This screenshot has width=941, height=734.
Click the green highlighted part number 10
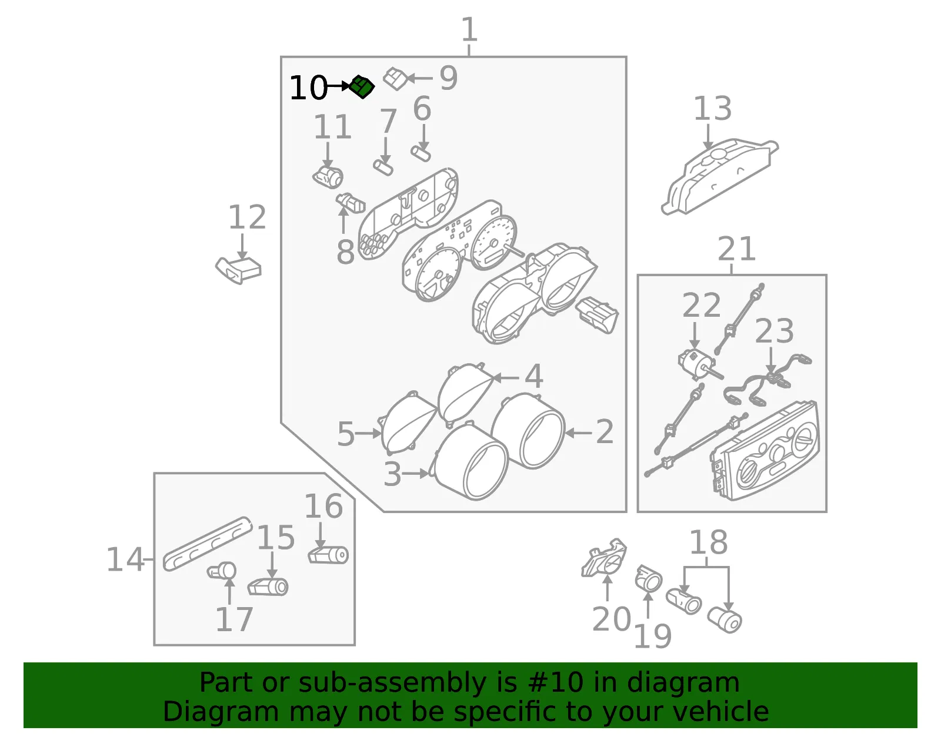pos(362,86)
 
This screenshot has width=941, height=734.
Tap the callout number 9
pos(449,78)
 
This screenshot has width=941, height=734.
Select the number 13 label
pos(713,109)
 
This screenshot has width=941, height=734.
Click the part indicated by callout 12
pos(238,270)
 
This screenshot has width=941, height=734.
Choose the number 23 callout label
pos(775,331)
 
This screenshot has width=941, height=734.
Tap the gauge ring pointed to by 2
pos(528,431)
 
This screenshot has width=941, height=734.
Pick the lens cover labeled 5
pos(406,423)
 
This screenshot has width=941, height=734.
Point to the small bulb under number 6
pos(421,153)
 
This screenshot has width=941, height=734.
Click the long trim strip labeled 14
pos(208,544)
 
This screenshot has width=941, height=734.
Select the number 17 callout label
pos(234,620)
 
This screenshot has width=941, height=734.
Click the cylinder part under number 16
pos(328,555)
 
